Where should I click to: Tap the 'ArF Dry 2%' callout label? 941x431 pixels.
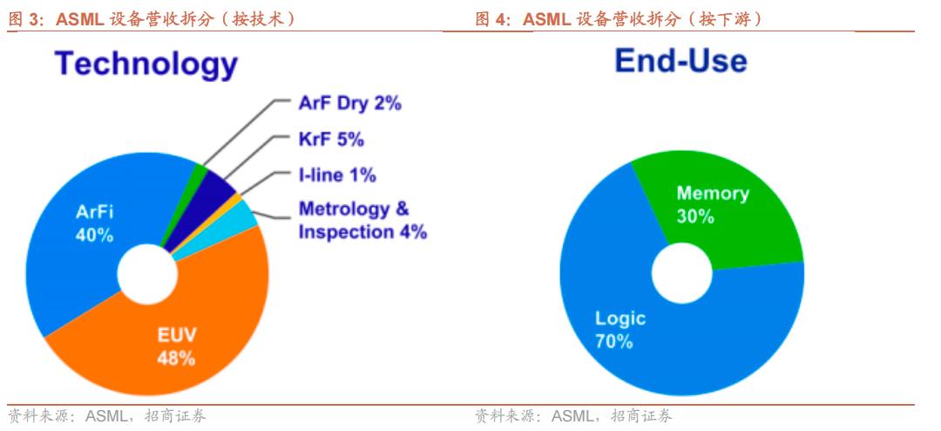coord(350,104)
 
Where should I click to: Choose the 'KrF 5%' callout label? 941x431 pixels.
coord(331,140)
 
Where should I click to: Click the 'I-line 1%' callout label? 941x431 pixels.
coord(337,175)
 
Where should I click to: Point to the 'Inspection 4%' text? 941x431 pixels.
coord(362,233)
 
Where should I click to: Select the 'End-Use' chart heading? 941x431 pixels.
coord(681,61)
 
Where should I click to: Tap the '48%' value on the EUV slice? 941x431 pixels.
coord(176,359)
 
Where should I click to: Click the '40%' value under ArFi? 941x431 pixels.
coord(94,235)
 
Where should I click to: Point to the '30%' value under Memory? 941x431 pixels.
coord(695,216)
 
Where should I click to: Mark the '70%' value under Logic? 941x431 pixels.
coord(614,341)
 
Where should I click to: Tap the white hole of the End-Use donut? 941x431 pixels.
coord(681,273)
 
